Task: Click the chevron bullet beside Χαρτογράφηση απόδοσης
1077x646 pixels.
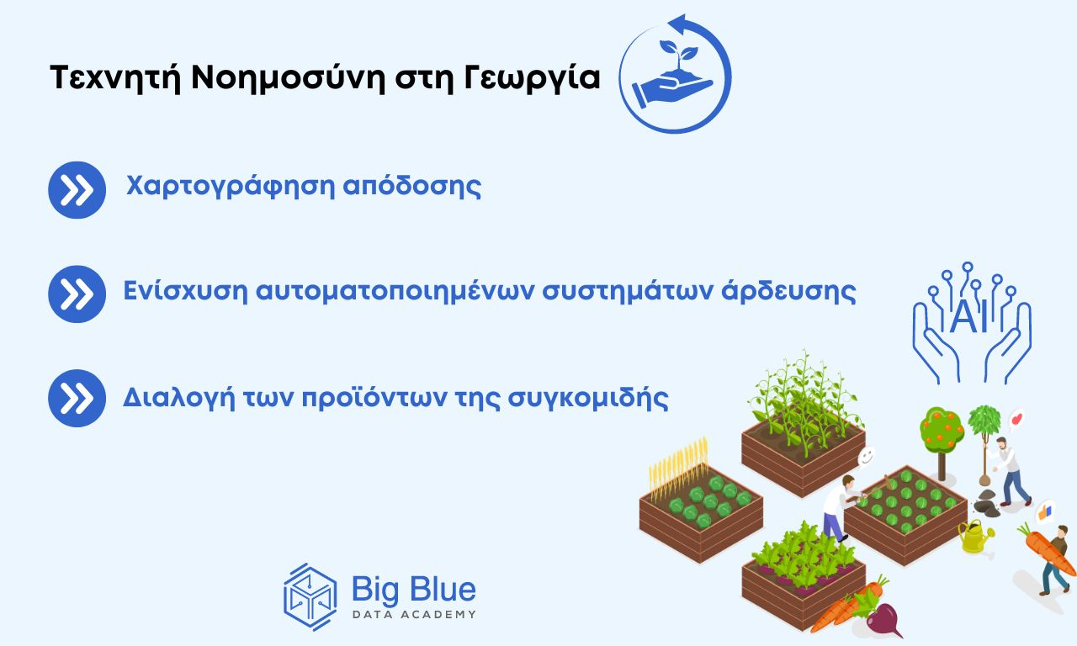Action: tap(77, 190)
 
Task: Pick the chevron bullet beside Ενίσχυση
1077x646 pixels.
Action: tap(77, 294)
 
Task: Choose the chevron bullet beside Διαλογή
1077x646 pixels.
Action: tap(77, 398)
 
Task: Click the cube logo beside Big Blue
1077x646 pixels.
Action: tap(310, 596)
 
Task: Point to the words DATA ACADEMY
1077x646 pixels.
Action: tap(413, 615)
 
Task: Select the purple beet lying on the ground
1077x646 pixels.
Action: tap(883, 622)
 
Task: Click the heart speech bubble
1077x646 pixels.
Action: tap(1016, 418)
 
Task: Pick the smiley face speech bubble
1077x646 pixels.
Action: tap(866, 457)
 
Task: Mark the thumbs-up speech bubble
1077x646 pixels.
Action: tap(1046, 510)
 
